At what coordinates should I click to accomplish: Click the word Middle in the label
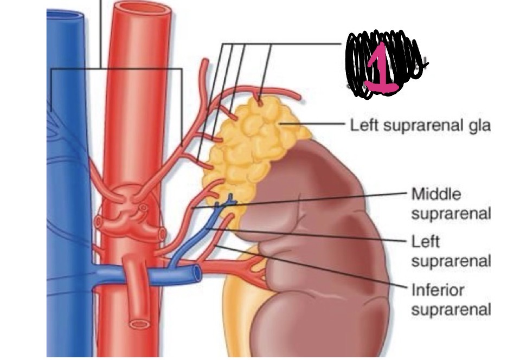tap(432, 194)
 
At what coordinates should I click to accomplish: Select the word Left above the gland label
tap(362, 126)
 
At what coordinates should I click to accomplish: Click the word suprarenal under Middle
tap(451, 214)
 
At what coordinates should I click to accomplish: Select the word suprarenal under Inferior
tap(451, 310)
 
